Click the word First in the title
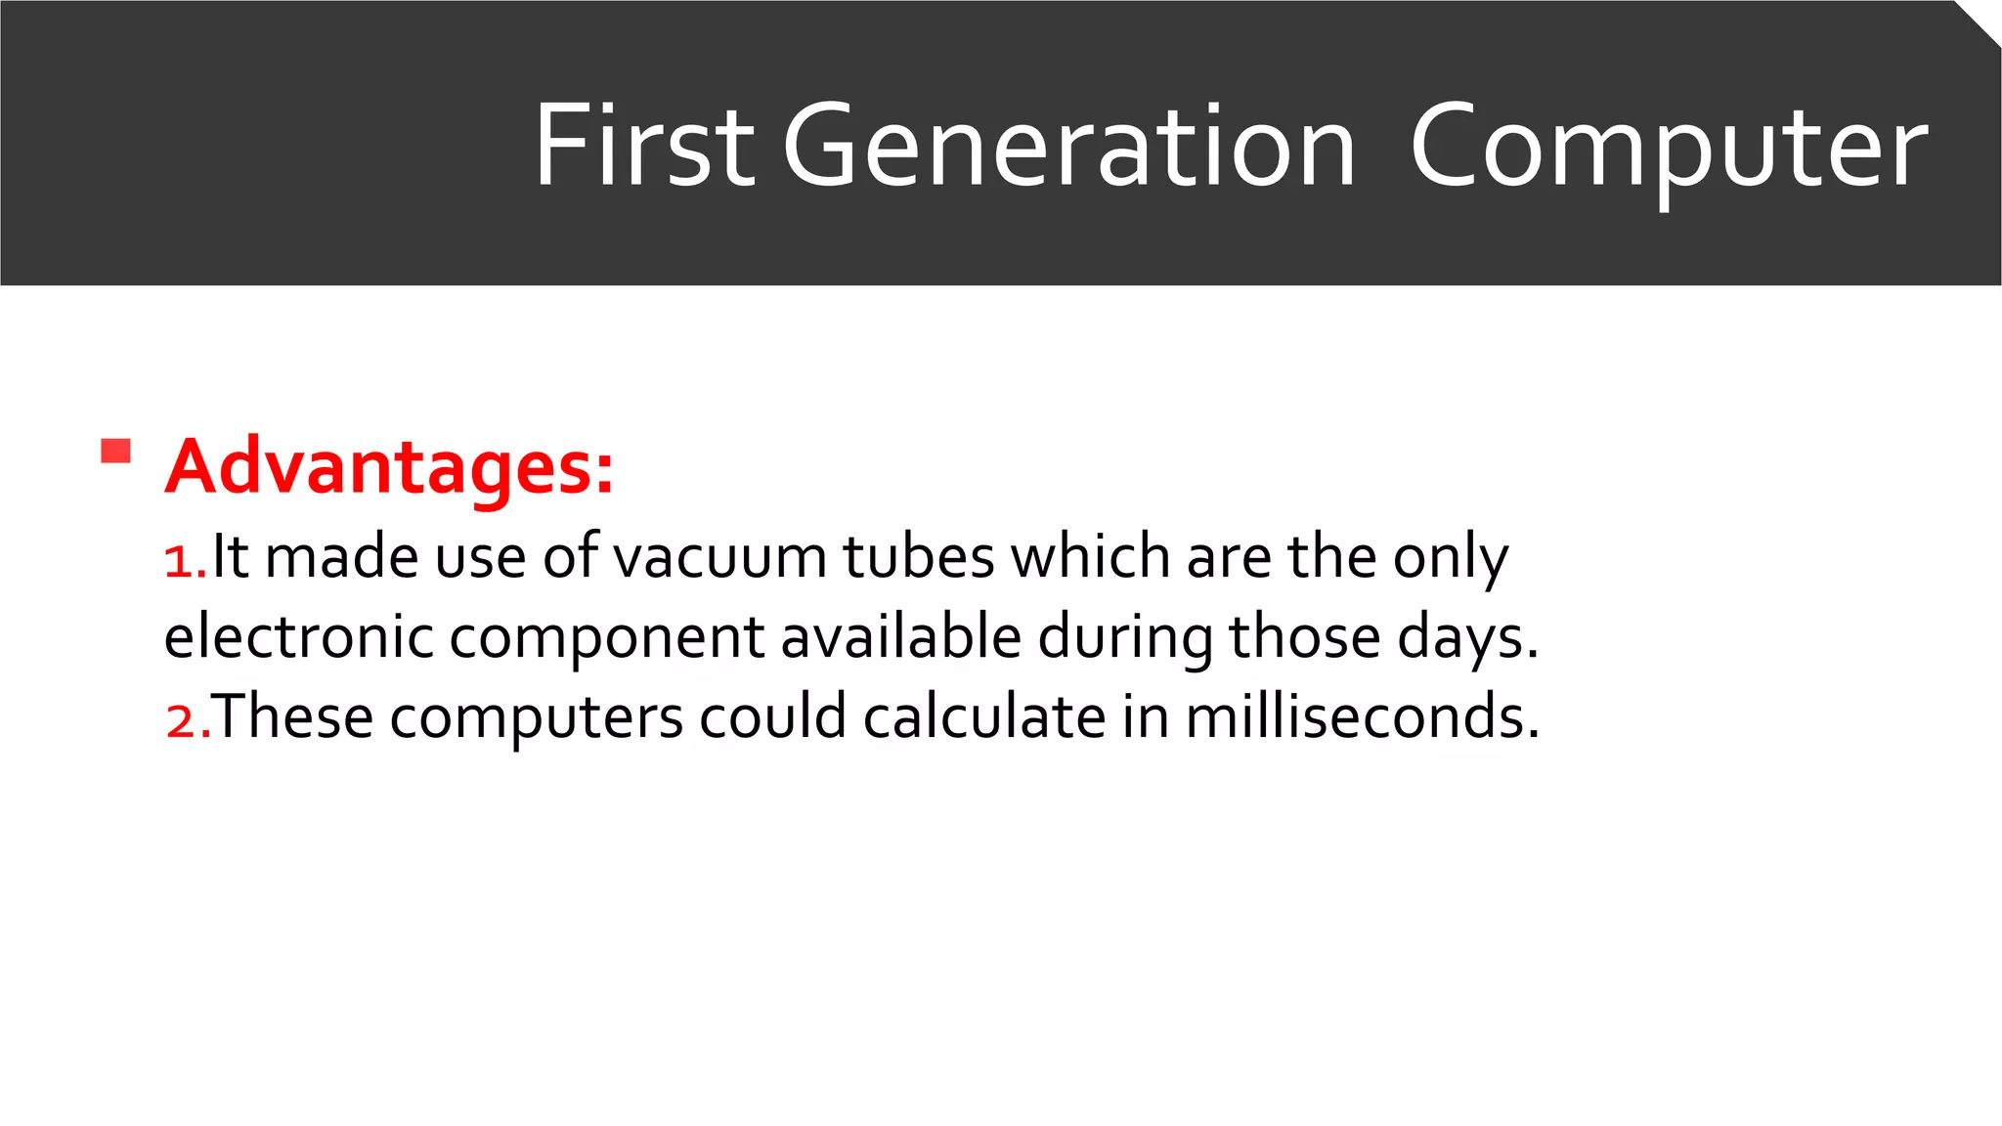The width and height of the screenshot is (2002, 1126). click(x=643, y=147)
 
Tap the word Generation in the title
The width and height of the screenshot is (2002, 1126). click(x=1068, y=147)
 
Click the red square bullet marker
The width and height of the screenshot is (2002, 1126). click(x=115, y=452)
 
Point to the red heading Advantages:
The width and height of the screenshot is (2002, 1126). click(x=389, y=467)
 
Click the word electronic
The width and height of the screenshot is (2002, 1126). click(x=298, y=637)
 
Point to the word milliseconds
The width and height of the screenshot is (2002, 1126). click(x=1362, y=716)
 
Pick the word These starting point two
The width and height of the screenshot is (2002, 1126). click(x=293, y=716)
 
